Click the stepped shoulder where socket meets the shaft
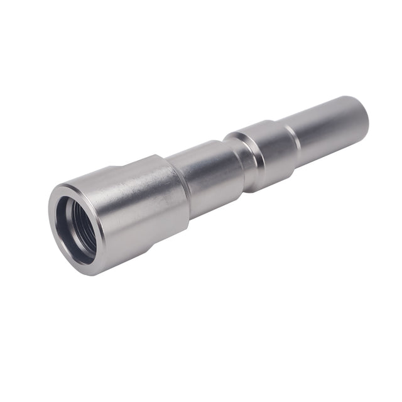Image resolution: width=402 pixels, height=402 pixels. click(181, 188)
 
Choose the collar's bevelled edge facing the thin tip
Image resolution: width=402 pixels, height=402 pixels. click(293, 143)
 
